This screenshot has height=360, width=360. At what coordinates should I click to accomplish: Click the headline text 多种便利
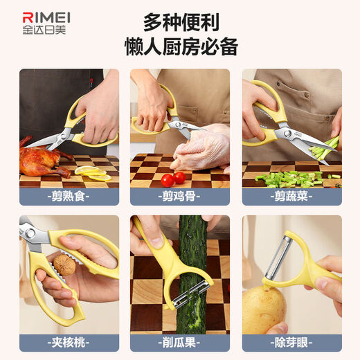pos(181,22)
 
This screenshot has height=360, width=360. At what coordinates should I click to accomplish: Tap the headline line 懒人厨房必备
pos(181,48)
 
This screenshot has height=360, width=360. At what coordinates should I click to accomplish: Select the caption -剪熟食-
pos(69,196)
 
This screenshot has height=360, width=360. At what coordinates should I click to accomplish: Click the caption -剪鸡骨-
pos(179,196)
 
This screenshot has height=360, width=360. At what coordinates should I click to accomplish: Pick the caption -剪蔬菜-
pos(291,196)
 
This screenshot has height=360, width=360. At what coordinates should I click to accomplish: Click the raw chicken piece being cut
pos(201,149)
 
